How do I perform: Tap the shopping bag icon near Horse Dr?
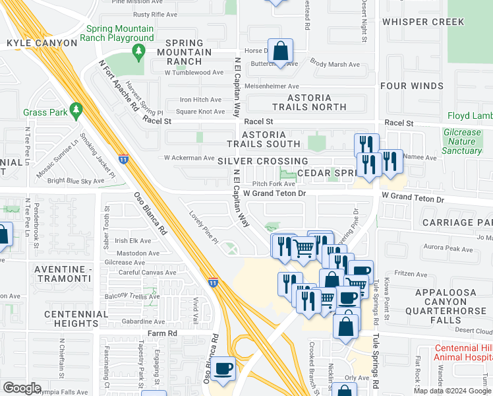(281, 51)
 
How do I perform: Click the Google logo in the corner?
(22, 387)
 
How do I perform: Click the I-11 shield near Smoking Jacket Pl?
(123, 158)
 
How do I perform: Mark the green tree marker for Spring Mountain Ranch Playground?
(139, 51)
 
